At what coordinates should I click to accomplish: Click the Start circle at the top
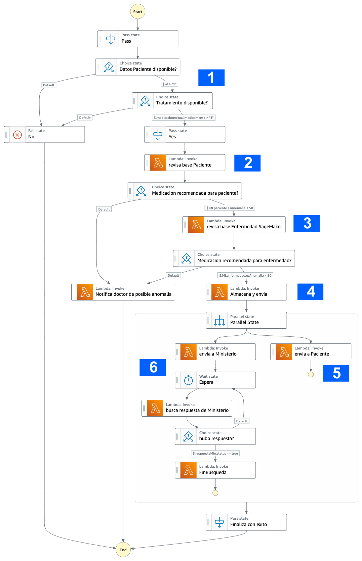point(137,12)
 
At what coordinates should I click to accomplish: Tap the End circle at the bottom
point(123,550)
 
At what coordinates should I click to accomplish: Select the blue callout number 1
point(211,78)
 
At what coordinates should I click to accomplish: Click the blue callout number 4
point(310,291)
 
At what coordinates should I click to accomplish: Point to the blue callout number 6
point(153,367)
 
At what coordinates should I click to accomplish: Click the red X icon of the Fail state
point(17,135)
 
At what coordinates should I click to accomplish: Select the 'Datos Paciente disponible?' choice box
point(138,67)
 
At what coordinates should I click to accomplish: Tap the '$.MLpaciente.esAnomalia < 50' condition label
point(230,208)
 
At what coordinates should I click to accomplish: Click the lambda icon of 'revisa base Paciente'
point(158,163)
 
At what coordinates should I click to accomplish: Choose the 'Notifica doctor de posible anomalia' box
point(123,292)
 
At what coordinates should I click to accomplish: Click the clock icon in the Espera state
point(189,380)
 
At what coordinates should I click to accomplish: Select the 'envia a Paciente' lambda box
point(311,352)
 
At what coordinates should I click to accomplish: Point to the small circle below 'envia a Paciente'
point(311,374)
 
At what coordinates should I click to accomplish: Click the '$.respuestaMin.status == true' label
point(215,453)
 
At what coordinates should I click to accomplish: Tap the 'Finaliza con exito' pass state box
point(246,522)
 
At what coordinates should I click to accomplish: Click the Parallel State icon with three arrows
point(219,321)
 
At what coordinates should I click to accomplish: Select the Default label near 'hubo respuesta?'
point(242,421)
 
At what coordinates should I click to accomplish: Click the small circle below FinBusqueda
point(215,493)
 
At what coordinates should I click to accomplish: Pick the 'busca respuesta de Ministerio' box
point(187,408)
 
